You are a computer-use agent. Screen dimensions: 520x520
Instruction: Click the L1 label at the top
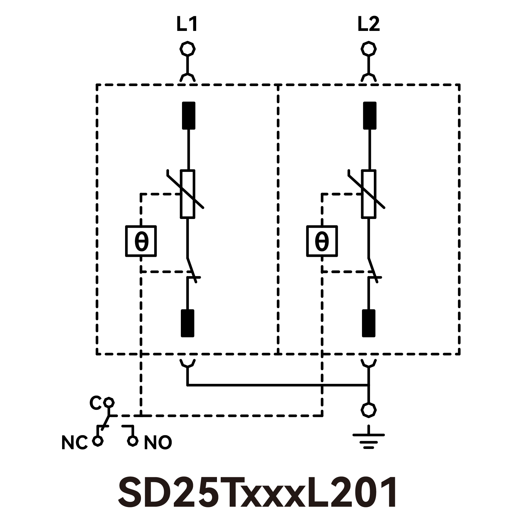point(187,25)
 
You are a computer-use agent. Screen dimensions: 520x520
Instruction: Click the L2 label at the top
point(368,25)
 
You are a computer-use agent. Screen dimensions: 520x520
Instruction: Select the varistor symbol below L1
point(187,194)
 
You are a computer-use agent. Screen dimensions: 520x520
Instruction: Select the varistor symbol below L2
point(369,194)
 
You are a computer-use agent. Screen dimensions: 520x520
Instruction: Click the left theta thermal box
point(141,241)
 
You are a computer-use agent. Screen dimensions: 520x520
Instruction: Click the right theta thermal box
point(322,241)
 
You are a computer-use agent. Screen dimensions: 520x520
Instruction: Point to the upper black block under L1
point(188,115)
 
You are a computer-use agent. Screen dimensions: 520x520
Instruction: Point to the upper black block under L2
point(369,115)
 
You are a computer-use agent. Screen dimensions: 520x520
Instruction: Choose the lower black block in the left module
point(187,323)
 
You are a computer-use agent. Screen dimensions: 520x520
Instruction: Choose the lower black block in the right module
point(369,323)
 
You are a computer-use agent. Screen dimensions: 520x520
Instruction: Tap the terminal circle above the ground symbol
point(369,410)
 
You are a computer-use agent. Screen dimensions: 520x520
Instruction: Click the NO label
point(158,443)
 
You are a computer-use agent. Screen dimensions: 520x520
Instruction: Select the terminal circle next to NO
point(132,441)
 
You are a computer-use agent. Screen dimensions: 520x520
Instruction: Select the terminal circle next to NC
point(98,441)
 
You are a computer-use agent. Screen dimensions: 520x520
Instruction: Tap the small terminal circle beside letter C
point(109,402)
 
